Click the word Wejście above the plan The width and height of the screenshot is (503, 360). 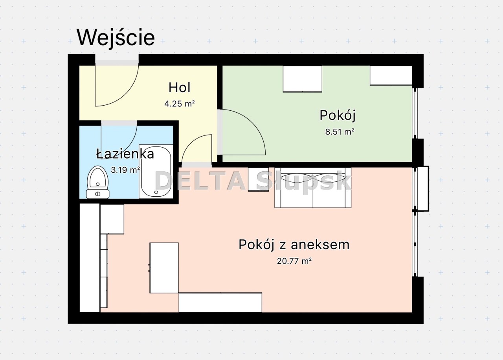[116, 37]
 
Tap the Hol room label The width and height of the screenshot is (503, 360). [180, 88]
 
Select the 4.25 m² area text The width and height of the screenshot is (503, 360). [180, 104]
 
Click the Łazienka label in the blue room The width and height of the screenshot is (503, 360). [125, 154]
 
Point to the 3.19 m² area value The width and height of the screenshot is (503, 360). [125, 170]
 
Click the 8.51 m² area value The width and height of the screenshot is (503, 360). [340, 132]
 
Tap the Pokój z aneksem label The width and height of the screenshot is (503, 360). [294, 245]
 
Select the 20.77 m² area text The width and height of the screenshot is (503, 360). [294, 261]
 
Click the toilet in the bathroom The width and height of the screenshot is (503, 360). [98, 182]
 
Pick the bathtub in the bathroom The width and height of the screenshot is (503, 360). [156, 172]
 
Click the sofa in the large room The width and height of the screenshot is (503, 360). [313, 188]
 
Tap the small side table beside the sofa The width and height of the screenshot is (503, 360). [258, 179]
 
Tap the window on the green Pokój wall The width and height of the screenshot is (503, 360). [415, 113]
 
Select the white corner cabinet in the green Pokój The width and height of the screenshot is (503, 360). [391, 75]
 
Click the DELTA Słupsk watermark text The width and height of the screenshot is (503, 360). [253, 181]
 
